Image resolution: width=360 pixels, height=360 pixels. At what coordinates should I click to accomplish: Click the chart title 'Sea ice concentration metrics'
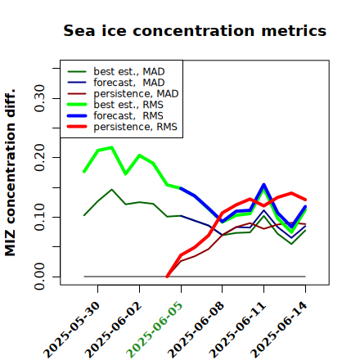(x=195, y=30)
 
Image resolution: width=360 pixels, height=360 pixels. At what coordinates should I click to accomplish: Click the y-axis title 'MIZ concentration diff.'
(x=10, y=173)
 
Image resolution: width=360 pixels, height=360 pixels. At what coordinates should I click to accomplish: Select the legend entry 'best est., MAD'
(x=116, y=71)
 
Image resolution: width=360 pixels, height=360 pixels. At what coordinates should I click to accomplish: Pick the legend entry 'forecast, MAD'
(x=116, y=83)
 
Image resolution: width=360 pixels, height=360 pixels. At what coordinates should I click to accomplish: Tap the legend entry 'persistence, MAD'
(x=123, y=93)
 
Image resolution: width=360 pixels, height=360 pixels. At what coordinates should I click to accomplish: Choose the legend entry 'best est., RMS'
(x=115, y=105)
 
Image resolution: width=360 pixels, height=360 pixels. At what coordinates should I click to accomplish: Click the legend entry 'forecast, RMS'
(x=115, y=115)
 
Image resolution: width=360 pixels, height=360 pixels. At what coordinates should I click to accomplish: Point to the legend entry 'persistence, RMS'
(x=122, y=127)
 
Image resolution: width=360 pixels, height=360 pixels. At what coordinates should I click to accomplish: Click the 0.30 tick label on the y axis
(x=40, y=98)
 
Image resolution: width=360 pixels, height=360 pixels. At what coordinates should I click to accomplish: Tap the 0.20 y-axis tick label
(x=40, y=157)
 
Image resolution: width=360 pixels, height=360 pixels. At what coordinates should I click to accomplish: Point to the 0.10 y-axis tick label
(x=40, y=217)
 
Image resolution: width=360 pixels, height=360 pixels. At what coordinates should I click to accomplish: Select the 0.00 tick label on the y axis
(x=40, y=277)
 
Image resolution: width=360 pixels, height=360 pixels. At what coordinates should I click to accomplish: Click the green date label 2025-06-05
(x=155, y=330)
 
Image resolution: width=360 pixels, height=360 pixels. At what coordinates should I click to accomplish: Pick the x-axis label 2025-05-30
(x=71, y=330)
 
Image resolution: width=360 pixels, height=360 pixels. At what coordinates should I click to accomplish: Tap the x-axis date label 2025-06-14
(x=279, y=330)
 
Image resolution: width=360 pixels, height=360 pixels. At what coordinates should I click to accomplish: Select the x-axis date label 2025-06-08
(x=196, y=330)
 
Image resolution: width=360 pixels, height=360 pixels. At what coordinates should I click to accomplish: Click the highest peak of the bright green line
(x=112, y=147)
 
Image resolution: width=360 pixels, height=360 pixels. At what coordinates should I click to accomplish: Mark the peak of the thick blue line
(x=263, y=185)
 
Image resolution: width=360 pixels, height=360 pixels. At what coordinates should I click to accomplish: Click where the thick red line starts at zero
(x=167, y=277)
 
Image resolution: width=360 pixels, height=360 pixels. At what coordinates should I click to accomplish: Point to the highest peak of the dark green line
(x=112, y=189)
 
